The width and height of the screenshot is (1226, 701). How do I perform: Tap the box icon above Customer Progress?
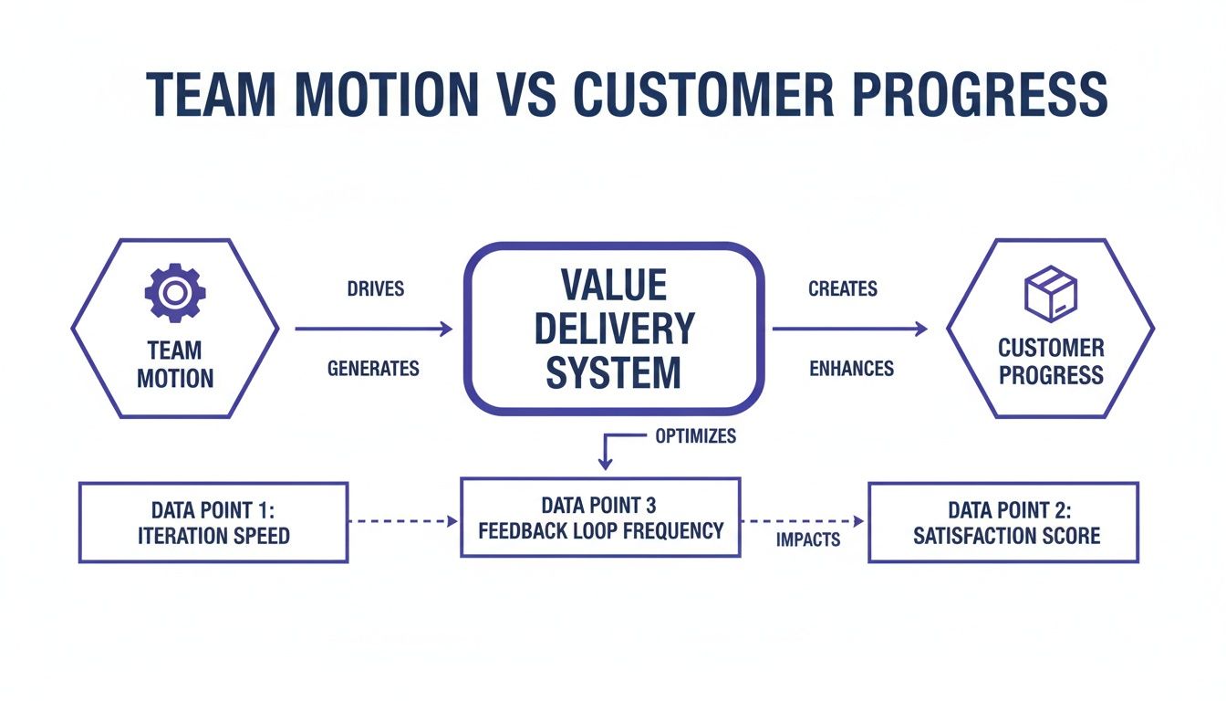[1051, 293]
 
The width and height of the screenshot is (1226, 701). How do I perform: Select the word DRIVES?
[375, 289]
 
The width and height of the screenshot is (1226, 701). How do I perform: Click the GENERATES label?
[373, 369]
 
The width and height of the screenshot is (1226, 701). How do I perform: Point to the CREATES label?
[842, 289]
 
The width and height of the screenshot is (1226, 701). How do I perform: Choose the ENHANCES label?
[851, 369]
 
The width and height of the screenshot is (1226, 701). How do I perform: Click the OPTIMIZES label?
[695, 436]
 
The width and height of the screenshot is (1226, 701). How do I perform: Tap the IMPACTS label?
[807, 539]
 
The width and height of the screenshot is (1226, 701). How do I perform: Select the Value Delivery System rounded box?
[613, 329]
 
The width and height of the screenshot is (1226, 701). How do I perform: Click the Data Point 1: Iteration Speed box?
[213, 522]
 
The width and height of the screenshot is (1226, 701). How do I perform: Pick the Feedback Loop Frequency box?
[599, 518]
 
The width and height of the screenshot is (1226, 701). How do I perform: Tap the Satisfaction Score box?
[1003, 522]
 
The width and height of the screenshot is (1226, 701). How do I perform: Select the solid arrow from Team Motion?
[373, 329]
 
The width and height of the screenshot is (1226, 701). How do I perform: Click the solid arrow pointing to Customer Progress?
[850, 329]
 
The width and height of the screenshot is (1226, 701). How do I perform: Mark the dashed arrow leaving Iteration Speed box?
[402, 521]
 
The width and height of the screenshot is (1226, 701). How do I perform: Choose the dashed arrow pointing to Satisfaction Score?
[803, 521]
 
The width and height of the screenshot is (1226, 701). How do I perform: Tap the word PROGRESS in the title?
[990, 92]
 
